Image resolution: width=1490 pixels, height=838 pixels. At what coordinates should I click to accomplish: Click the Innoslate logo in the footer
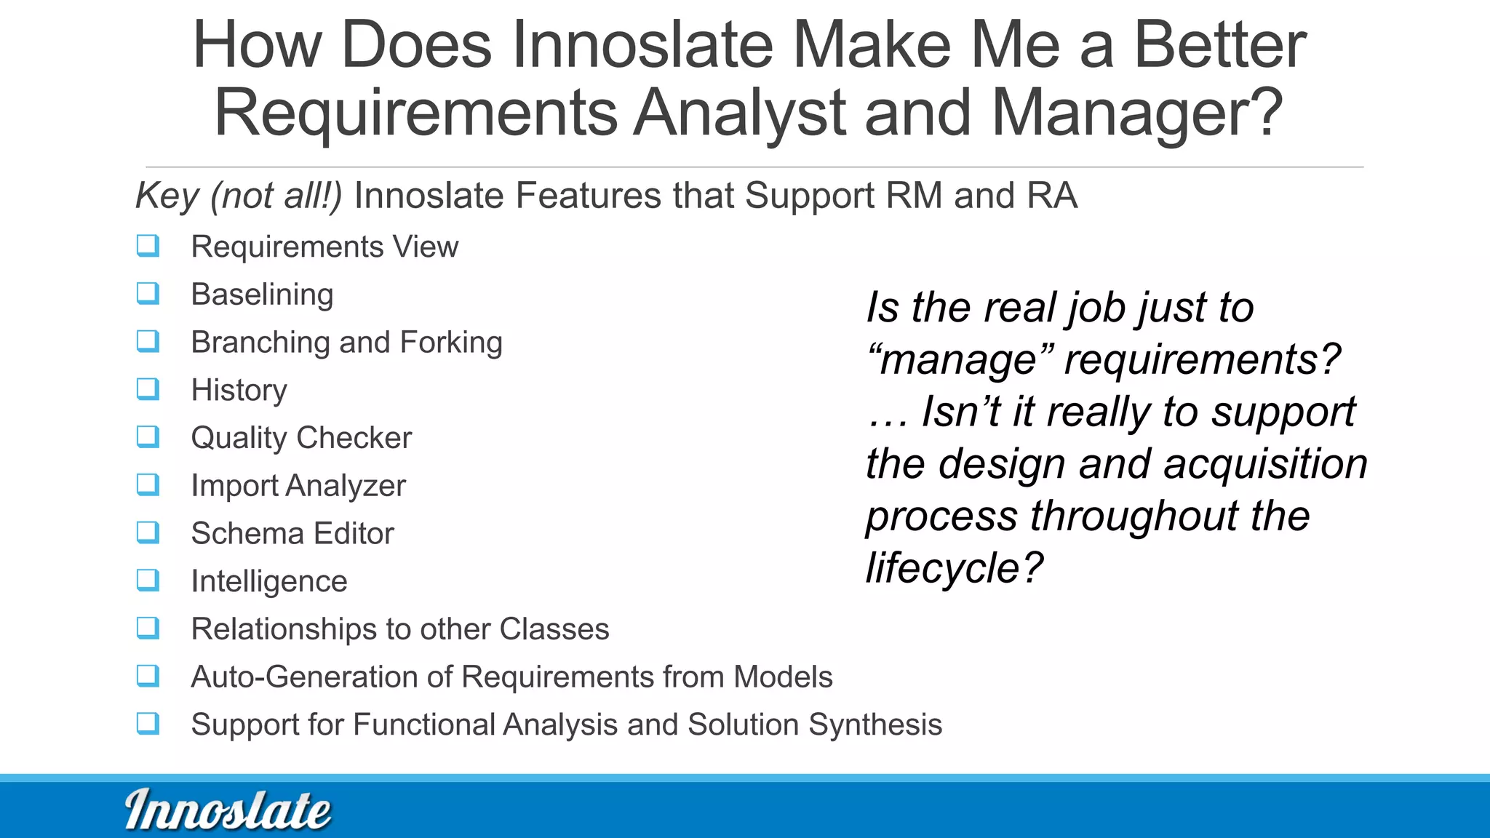228,810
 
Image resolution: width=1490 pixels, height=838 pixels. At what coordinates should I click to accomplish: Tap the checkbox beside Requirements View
148,246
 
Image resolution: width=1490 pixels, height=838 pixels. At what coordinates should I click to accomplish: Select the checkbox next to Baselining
148,294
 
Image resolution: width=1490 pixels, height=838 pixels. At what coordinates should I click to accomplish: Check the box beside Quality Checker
148,437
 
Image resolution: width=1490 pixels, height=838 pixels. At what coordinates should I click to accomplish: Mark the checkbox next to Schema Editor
148,532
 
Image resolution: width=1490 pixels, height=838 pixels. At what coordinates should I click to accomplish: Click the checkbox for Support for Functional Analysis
148,724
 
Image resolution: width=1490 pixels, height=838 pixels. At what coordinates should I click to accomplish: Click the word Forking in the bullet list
451,342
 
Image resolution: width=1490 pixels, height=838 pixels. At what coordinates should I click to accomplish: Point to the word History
239,391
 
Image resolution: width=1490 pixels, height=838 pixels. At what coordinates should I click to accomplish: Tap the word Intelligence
269,581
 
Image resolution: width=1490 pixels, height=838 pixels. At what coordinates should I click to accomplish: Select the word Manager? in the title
1136,113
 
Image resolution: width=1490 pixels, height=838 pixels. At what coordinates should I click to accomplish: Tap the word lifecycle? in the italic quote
955,568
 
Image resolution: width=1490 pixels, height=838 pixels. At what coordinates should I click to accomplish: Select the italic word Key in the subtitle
167,196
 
